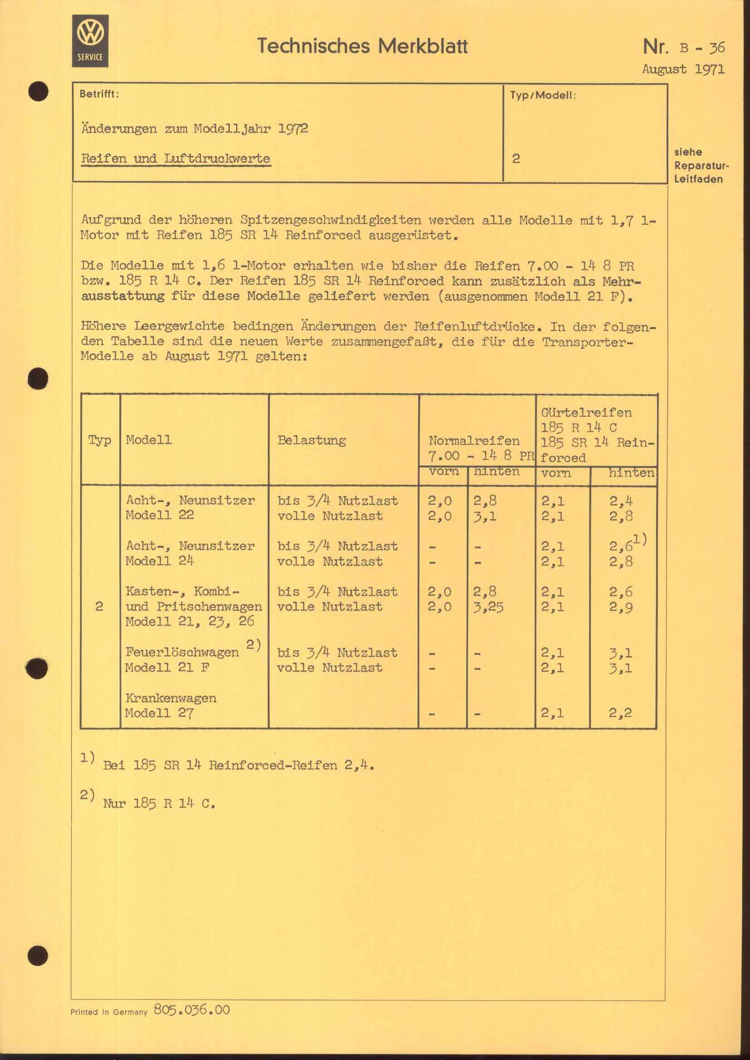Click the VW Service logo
click(90, 41)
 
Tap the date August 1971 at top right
click(683, 70)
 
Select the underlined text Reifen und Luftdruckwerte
click(175, 158)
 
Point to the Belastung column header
click(311, 440)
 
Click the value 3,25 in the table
click(488, 607)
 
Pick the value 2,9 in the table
click(621, 607)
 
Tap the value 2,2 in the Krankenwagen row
click(620, 713)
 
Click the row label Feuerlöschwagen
click(182, 652)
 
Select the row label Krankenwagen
click(171, 697)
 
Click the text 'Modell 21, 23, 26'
click(190, 621)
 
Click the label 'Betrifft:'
click(99, 94)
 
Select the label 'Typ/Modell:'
click(543, 96)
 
